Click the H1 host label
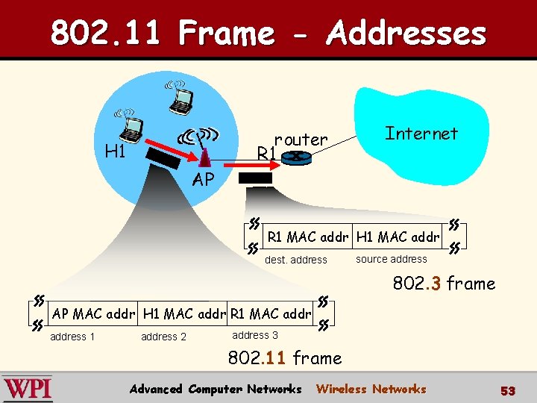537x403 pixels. (115, 151)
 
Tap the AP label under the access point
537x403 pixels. (203, 179)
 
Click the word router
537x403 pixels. (301, 140)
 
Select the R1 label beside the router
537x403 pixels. (266, 154)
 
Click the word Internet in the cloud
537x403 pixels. (421, 134)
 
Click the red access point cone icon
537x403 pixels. (204, 157)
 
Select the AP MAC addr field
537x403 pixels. (93, 313)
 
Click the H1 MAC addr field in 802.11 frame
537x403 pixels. (184, 313)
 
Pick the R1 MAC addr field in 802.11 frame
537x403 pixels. (271, 313)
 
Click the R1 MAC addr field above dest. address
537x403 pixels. (307, 237)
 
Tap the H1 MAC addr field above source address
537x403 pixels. (398, 237)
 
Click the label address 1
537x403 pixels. (72, 337)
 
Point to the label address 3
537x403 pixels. (255, 335)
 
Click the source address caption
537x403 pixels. (392, 259)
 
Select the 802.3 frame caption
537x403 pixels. (444, 284)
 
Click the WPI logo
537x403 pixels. (28, 389)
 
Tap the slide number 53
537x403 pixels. (508, 390)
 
